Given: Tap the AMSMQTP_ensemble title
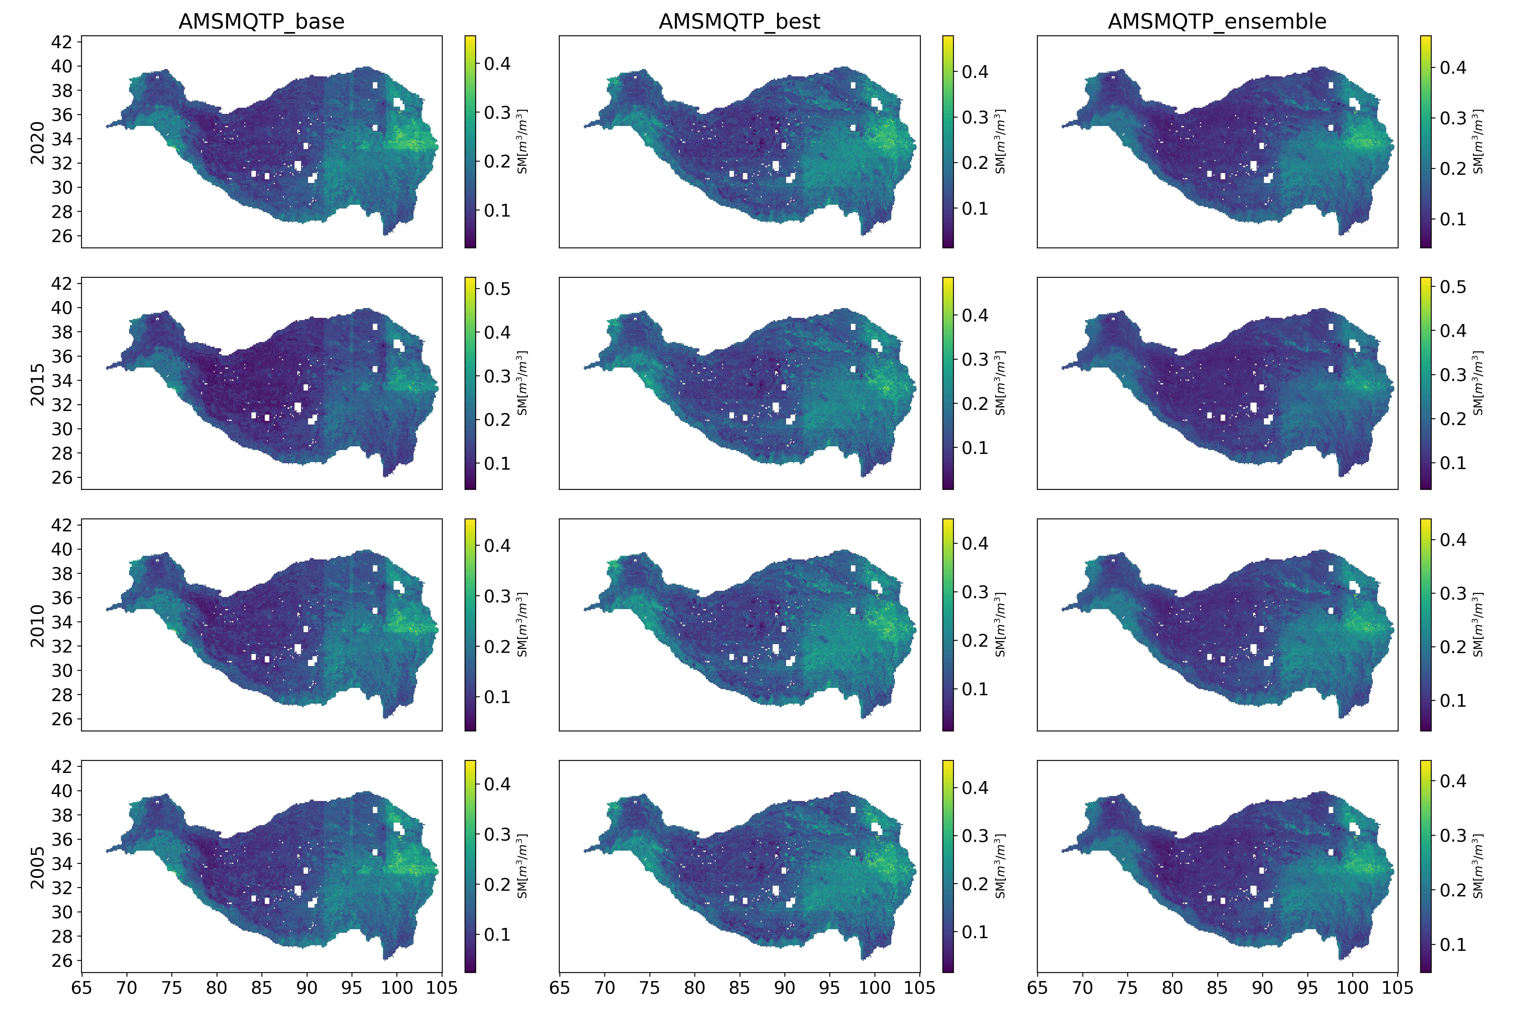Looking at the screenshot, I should point(1217,22).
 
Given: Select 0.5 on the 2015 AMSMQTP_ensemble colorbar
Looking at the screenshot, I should point(1453,287).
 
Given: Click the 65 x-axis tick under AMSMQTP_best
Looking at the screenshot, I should point(560,988).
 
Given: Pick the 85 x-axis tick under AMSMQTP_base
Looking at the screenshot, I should point(261,988).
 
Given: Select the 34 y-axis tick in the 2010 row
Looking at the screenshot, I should point(62,622).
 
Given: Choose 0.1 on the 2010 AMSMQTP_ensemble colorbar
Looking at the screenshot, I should point(1453,700).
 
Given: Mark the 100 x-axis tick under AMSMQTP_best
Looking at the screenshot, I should point(875,988).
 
